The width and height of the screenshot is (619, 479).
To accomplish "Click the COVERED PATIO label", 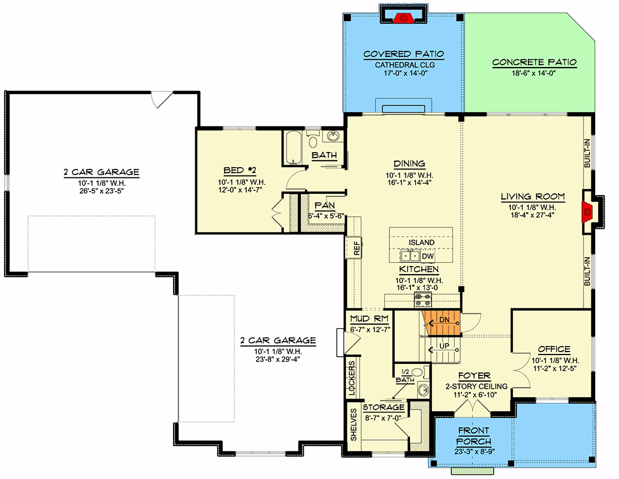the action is click(x=403, y=54).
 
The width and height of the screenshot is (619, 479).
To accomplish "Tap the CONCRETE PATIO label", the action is click(x=534, y=62).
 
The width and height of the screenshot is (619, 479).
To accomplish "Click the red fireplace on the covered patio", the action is click(x=403, y=18).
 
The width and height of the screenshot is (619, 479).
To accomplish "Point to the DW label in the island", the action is click(x=427, y=256).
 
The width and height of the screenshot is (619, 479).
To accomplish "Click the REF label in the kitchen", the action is click(x=357, y=248).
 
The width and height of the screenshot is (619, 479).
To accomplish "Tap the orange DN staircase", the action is click(x=442, y=323).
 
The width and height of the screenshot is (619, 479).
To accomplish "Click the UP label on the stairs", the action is click(x=444, y=346).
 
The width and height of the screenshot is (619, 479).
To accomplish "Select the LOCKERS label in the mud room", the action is click(x=352, y=378).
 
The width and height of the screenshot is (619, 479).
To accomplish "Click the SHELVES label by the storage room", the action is click(x=354, y=425).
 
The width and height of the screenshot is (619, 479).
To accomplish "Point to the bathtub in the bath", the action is click(x=293, y=147).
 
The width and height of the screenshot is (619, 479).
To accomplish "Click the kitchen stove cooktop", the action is click(x=422, y=299).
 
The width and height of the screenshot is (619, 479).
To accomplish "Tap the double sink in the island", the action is click(x=410, y=256).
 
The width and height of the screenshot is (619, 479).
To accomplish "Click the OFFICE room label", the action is click(x=554, y=349).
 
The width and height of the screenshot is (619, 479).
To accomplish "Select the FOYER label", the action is click(x=474, y=375).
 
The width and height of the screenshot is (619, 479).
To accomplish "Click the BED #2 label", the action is click(x=240, y=171).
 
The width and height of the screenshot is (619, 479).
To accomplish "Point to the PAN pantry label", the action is click(x=325, y=205).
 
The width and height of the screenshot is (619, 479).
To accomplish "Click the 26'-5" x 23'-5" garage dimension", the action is click(x=102, y=191).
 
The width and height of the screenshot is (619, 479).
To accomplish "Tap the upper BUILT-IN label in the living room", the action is click(x=587, y=153).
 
